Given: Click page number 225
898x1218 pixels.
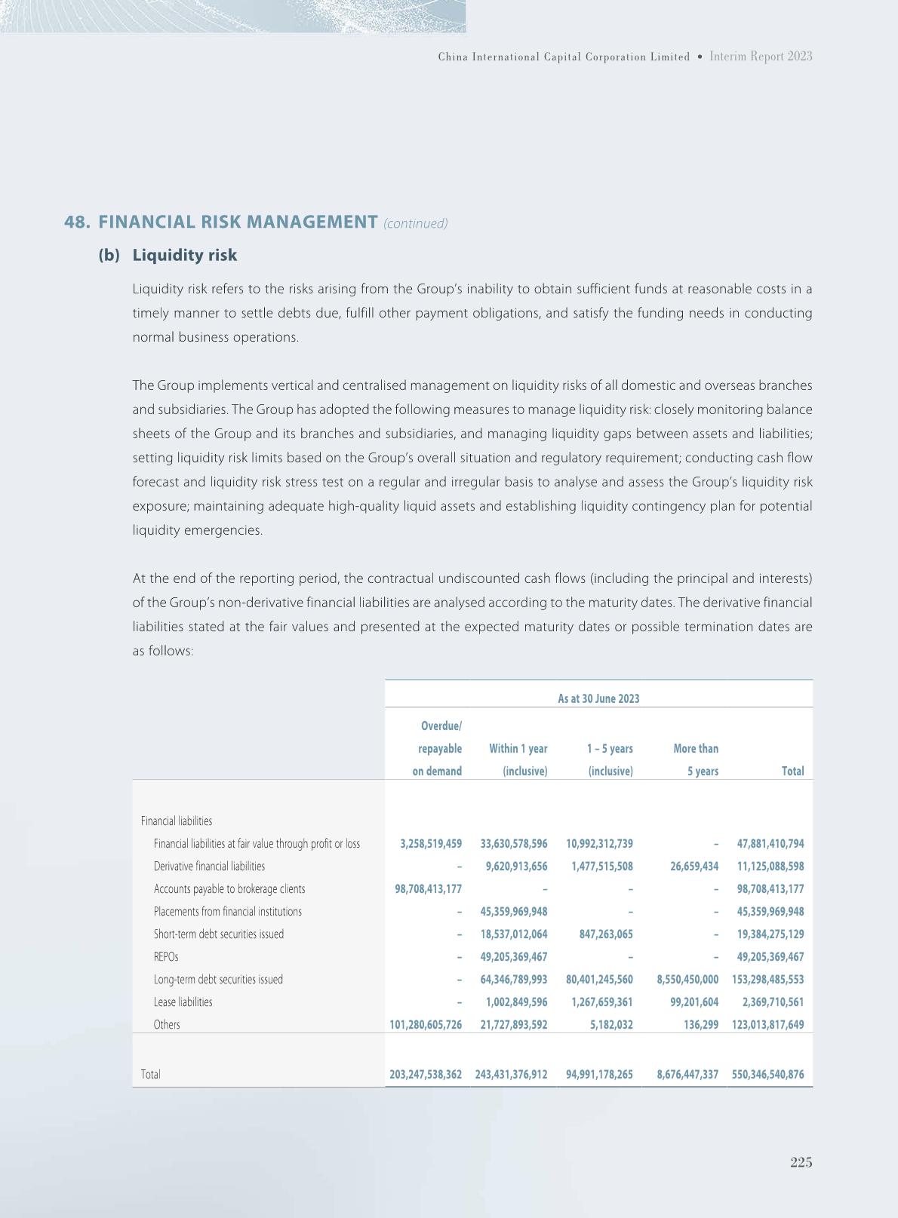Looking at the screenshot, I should point(801,1162).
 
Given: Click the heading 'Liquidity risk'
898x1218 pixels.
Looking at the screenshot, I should point(184,255).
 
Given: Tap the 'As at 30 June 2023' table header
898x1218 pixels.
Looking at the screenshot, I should point(598,698).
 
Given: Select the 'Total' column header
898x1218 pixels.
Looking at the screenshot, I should point(792,771).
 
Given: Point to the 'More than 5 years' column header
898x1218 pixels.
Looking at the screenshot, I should point(696,759).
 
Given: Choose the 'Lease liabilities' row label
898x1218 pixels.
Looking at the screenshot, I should point(183,1002).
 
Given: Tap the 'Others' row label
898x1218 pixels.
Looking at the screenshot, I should point(167,1024).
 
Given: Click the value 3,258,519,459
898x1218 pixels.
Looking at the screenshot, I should point(431,843).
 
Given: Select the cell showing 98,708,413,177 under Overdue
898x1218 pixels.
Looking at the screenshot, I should point(428,888).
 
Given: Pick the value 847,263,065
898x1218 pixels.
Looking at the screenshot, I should point(601,934).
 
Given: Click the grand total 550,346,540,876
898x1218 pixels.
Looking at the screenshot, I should point(767,1074).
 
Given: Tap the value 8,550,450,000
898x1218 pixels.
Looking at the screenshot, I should point(687,979).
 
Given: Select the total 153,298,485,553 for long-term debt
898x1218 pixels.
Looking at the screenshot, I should point(767,979).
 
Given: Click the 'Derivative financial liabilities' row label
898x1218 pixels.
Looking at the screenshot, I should point(209,866).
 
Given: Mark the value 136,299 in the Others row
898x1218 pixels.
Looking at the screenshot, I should point(701,1024).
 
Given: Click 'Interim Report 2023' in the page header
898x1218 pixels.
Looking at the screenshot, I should point(761,57).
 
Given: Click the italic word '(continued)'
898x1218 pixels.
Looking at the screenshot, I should point(416,223).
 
